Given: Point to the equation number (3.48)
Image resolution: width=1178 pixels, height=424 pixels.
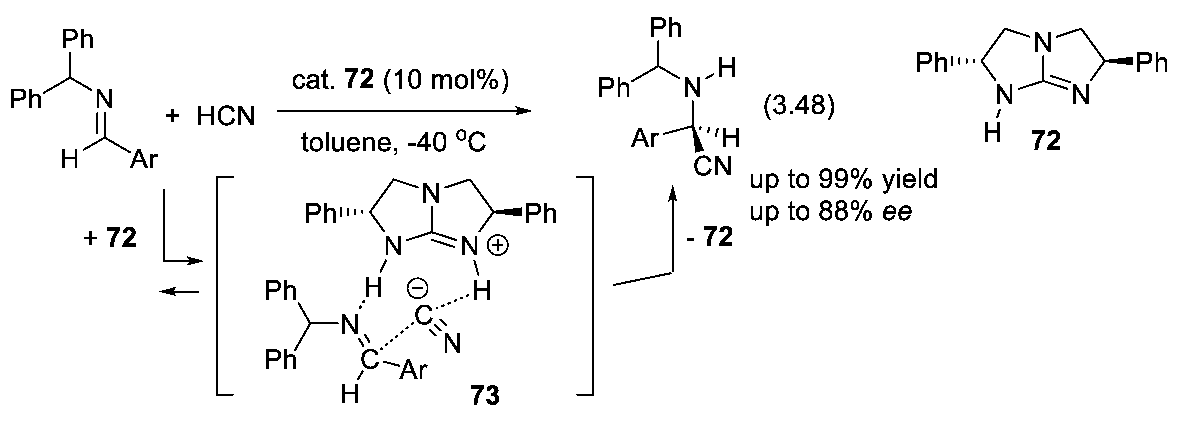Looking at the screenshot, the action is [x=799, y=106].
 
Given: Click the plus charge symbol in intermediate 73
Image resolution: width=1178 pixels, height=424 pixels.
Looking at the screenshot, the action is [x=499, y=246].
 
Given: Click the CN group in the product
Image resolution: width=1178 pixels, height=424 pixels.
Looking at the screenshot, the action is [x=712, y=166].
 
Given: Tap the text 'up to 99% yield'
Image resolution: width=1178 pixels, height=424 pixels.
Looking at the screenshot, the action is [x=843, y=179].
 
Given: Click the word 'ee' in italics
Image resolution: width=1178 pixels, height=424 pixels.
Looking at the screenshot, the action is [x=897, y=211].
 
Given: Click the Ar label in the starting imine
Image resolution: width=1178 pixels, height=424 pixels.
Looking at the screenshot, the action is [x=143, y=160].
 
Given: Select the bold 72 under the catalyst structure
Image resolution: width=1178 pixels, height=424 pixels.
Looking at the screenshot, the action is [x=1046, y=141].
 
